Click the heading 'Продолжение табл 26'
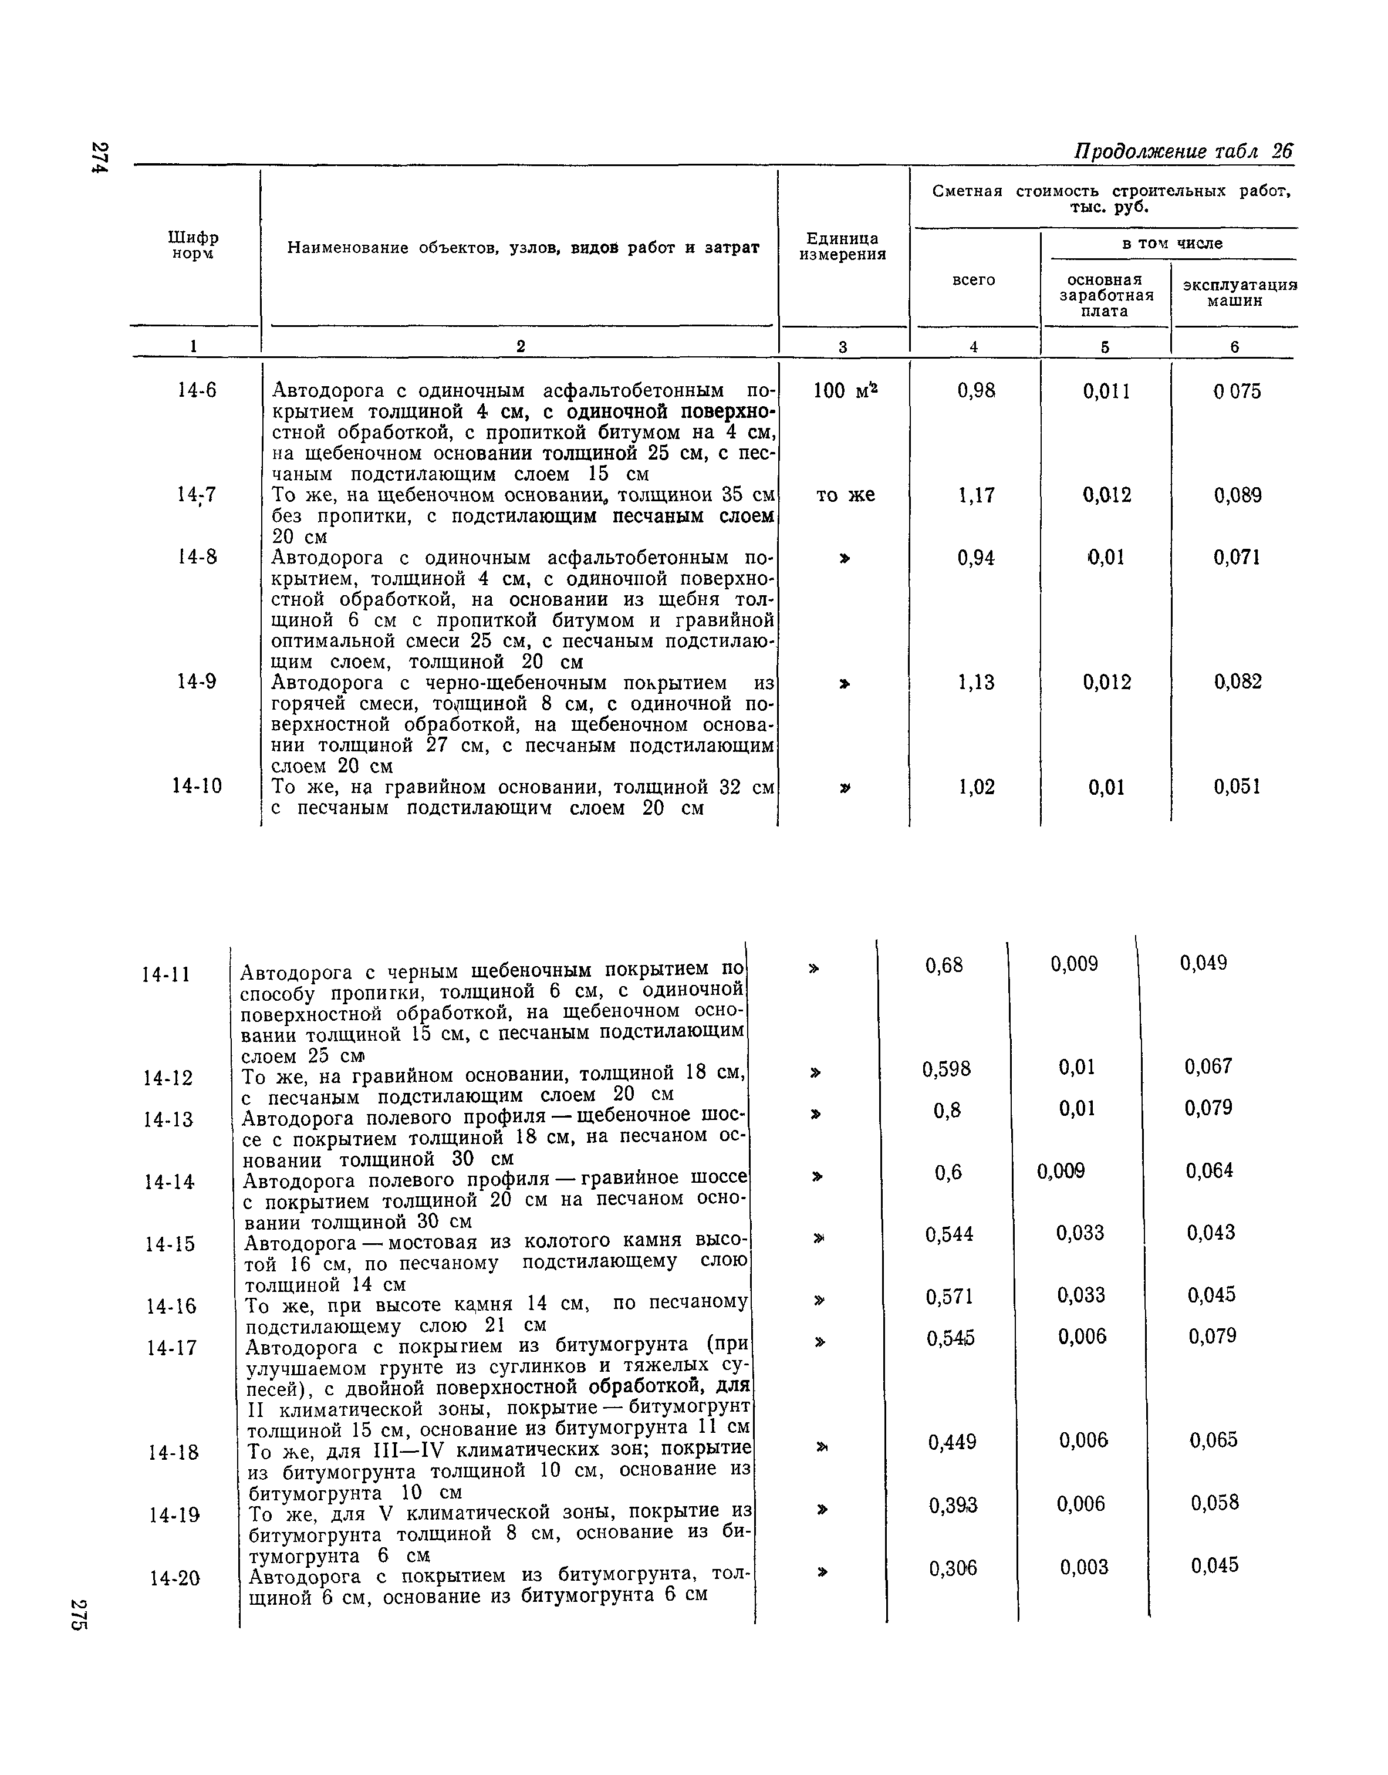pyautogui.click(x=1183, y=152)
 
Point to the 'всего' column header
pyautogui.click(x=974, y=279)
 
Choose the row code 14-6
pyautogui.click(x=197, y=391)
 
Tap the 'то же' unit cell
pyautogui.click(x=845, y=495)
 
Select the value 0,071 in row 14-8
pyautogui.click(x=1237, y=558)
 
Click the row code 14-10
pyautogui.click(x=197, y=787)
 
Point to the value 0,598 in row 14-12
pyautogui.click(x=946, y=1069)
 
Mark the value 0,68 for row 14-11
pyautogui.click(x=944, y=965)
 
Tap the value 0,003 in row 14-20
pyautogui.click(x=1084, y=1566)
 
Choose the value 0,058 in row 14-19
pyautogui.click(x=1215, y=1503)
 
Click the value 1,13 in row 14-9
pyautogui.click(x=976, y=683)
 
